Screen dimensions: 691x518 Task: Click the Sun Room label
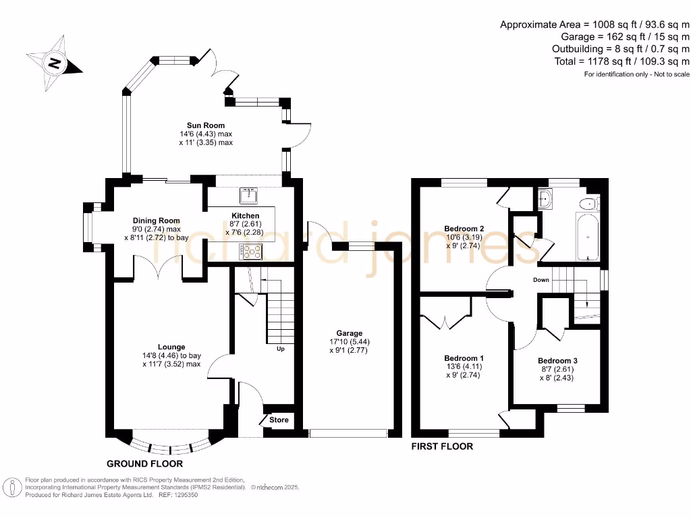coord(206,125)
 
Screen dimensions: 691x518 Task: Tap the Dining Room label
coord(157,221)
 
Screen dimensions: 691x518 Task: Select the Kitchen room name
coord(246,216)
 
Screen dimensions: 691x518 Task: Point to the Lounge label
coord(171,347)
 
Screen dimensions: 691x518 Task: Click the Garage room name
coord(350,333)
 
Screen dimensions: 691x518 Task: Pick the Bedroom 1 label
coord(464,358)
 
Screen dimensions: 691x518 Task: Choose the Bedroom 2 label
coord(464,229)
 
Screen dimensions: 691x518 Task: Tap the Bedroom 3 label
coord(557,361)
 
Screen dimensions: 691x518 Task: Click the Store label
coord(279,420)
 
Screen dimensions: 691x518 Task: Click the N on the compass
coord(54,63)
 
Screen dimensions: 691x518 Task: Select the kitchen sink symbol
coord(248,196)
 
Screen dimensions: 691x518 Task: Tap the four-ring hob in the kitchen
coord(251,252)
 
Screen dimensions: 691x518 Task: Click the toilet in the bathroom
coord(589,204)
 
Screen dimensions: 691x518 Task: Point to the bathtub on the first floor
coord(588,237)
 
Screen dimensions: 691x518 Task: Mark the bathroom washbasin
coord(545,199)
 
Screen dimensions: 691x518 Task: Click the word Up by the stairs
coord(281,349)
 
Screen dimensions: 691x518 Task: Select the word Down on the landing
coord(541,280)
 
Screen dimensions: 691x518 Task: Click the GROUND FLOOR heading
coord(144,464)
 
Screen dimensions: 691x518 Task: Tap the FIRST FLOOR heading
coord(442,447)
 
